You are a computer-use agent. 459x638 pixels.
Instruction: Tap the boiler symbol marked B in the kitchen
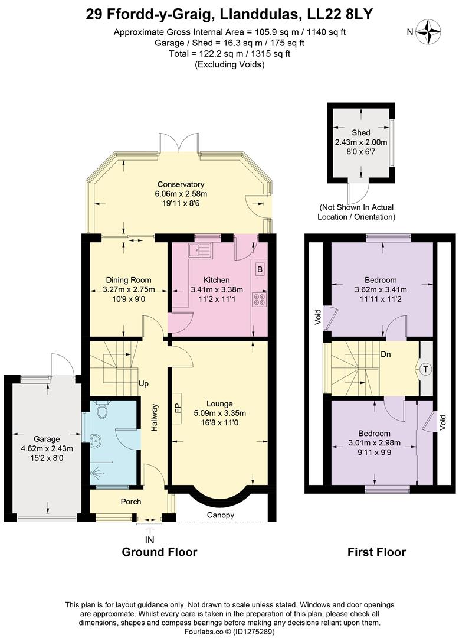(260, 269)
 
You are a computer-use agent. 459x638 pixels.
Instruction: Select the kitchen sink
(200, 250)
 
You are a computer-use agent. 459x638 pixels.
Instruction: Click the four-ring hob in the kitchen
(260, 299)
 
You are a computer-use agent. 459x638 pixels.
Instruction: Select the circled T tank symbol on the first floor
(426, 369)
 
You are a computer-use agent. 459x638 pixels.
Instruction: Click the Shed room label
(360, 133)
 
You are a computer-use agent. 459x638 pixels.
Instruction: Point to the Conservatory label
(181, 184)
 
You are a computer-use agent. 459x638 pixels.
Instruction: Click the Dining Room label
(129, 280)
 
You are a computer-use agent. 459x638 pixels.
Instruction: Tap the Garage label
(47, 439)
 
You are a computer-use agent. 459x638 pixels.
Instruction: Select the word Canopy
(221, 515)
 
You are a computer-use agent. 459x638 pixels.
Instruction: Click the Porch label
(131, 502)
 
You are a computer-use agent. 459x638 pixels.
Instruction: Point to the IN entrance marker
(150, 540)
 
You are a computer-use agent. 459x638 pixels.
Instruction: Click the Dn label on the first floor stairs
(385, 354)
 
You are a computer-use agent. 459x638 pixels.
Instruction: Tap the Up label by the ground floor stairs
(143, 384)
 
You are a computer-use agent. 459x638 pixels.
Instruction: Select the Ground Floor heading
(160, 552)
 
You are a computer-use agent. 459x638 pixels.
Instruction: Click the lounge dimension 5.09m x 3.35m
(219, 413)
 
